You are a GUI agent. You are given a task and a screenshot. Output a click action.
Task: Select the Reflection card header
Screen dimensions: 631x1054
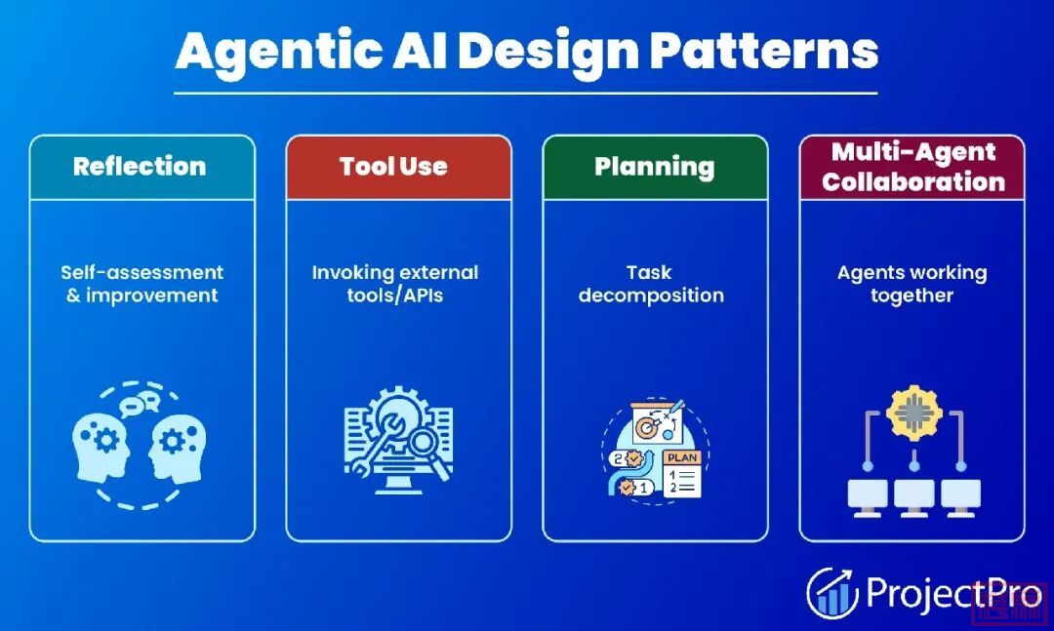point(140,166)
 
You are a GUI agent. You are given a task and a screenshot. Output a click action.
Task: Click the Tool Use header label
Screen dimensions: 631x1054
point(393,166)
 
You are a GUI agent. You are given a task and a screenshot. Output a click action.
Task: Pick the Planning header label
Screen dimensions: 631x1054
point(654,166)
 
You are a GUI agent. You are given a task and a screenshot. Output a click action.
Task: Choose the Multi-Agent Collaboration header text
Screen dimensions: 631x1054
point(913,167)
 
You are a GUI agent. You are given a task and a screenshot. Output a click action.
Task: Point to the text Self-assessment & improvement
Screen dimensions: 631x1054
point(142,284)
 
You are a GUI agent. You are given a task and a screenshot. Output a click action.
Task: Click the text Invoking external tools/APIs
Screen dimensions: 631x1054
point(395,284)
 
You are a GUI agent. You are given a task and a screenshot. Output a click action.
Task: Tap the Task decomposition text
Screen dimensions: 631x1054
point(651,284)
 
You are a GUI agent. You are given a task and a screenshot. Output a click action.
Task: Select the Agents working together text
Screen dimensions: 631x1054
point(912,284)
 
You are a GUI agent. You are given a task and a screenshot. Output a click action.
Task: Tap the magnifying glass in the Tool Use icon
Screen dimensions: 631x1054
point(426,446)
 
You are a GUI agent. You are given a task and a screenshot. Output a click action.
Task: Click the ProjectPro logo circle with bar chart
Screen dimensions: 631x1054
point(831,592)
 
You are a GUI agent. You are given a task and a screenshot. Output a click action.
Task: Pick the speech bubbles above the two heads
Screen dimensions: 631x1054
point(140,401)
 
